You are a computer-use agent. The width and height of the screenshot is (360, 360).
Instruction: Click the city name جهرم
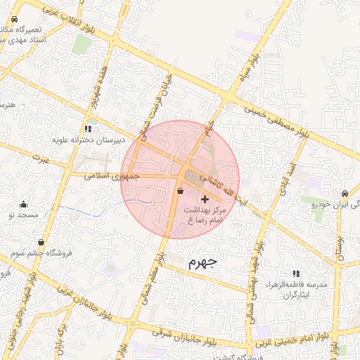[205, 262]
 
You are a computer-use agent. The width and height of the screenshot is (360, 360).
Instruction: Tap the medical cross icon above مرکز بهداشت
[205, 200]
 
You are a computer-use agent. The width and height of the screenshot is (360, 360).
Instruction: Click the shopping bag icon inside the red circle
[181, 191]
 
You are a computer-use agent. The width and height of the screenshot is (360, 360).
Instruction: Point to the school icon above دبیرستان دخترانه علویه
[88, 129]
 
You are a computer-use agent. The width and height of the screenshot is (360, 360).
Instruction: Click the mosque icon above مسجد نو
[24, 203]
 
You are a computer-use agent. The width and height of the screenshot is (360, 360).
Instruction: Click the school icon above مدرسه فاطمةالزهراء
[295, 273]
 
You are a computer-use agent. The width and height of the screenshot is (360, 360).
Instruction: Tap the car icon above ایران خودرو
[344, 193]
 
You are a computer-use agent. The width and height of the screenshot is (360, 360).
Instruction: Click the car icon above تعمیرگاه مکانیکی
[15, 20]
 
